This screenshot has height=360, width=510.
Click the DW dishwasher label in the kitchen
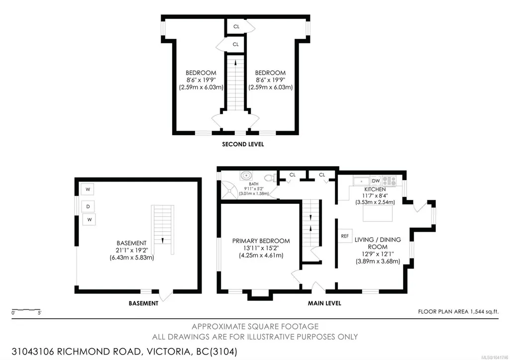tap(376, 180)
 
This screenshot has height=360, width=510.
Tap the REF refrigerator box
tap(345, 236)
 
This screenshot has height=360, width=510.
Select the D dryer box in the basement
tap(88, 207)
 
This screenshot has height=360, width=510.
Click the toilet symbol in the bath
tap(270, 178)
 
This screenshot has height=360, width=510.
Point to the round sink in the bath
tap(246, 176)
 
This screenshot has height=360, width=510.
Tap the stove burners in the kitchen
tap(389, 180)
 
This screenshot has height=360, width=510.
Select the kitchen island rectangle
tap(377, 213)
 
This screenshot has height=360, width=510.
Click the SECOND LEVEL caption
tap(243, 144)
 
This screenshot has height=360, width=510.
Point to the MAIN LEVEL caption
tap(324, 303)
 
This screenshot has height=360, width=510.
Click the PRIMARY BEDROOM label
tap(261, 241)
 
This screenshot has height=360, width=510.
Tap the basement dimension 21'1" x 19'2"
tap(132, 250)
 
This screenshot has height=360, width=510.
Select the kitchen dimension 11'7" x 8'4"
tap(375, 195)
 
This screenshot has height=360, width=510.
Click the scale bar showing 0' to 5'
tap(26, 310)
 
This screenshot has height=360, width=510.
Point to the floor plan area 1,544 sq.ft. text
tap(458, 312)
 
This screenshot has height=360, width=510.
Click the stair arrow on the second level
tap(235, 62)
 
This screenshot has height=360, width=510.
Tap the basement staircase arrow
tap(162, 241)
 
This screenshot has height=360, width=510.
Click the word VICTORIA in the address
tap(168, 352)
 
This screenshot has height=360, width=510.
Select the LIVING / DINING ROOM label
tap(378, 243)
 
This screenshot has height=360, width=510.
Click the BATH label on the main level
tap(254, 184)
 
